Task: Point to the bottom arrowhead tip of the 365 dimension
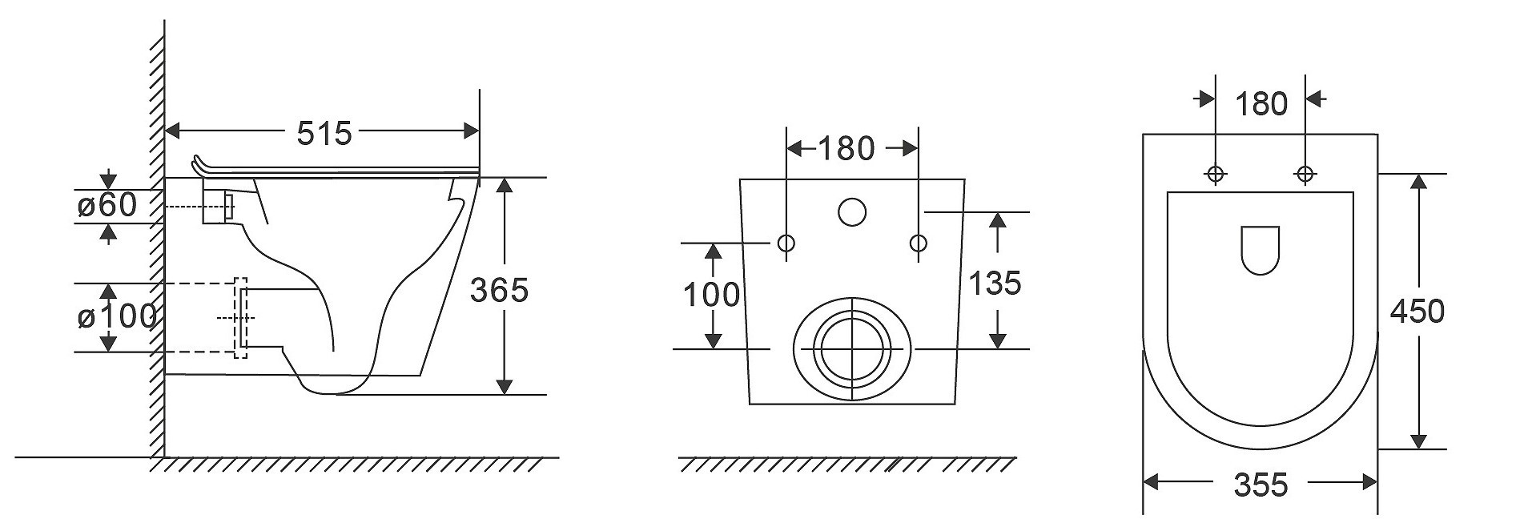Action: tap(504, 394)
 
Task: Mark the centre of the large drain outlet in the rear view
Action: tap(851, 349)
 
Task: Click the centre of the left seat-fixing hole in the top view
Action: tap(1216, 173)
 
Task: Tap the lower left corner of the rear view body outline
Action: tap(750, 404)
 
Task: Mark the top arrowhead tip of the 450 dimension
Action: tap(1418, 174)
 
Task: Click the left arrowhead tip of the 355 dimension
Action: tap(1143, 482)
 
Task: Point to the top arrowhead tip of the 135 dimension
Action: tap(997, 212)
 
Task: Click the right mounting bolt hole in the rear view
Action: tap(918, 243)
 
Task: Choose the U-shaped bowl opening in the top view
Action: tap(1260, 251)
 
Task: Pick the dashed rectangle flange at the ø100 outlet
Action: tap(240, 318)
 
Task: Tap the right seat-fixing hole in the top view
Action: tap(1305, 173)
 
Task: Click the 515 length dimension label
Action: tap(324, 133)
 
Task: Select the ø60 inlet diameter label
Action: tap(107, 206)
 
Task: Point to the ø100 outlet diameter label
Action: tap(117, 317)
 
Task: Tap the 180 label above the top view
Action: tap(1261, 104)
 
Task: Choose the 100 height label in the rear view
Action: tap(711, 296)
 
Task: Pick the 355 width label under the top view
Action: tap(1261, 485)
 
